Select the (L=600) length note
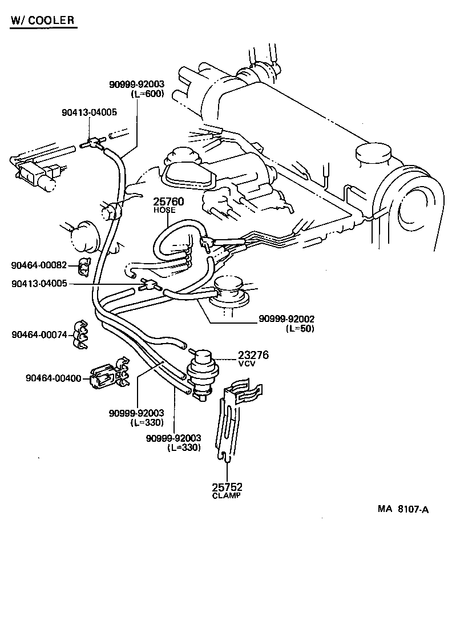[x=147, y=94]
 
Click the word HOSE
[x=164, y=211]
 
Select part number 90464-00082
[x=39, y=265]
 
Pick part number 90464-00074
[x=39, y=334]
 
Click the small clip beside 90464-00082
[x=84, y=265]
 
